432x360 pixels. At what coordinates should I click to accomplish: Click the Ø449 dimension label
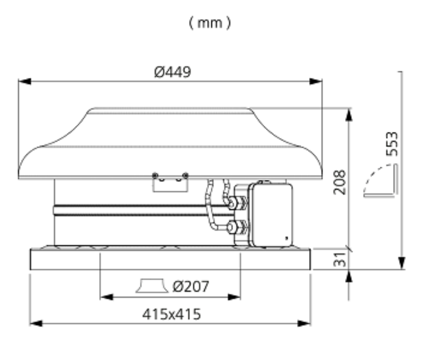172,72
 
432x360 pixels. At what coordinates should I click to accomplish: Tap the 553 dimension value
392,144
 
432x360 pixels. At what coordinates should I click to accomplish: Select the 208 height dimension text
339,182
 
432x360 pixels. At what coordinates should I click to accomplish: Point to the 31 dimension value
340,259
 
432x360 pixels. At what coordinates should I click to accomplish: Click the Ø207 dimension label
191,287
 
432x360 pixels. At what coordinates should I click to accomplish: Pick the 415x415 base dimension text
171,314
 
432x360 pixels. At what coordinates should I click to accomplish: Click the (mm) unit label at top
210,23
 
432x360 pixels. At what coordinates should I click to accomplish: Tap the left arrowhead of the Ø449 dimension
25,81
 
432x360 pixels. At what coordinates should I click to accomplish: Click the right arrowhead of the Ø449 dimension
315,81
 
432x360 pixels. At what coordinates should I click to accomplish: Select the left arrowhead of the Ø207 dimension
106,297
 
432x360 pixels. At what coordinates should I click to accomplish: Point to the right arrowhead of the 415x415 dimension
304,323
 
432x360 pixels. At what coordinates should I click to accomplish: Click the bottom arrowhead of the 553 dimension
402,262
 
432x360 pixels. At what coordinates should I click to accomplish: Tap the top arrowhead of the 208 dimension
349,115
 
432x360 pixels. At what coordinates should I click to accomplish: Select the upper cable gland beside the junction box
237,203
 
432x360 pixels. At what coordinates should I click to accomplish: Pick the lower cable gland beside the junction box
237,228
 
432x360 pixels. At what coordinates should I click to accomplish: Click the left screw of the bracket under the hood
155,175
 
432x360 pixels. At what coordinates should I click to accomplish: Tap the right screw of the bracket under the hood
185,175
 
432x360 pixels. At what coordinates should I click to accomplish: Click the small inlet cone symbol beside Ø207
152,286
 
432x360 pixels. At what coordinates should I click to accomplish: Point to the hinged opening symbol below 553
381,181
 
